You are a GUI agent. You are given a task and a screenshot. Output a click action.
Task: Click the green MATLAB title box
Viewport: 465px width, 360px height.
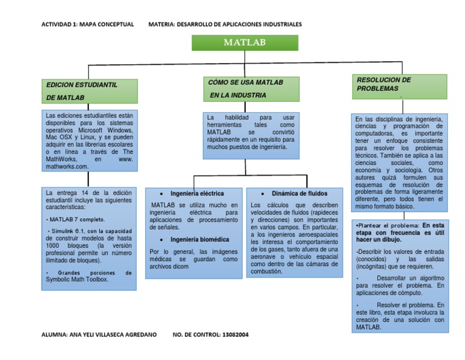click(x=245, y=42)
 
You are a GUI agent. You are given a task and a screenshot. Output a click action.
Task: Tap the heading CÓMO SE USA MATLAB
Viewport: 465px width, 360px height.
click(x=251, y=88)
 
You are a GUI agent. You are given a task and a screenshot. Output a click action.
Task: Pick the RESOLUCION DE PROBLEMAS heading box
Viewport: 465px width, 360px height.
click(x=398, y=84)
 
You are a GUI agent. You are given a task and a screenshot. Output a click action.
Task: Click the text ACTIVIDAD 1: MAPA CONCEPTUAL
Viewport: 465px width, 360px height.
click(x=87, y=24)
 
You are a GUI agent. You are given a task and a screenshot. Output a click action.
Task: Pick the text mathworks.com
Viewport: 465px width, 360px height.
click(x=67, y=165)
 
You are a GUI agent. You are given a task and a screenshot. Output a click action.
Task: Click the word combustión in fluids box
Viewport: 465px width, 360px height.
click(x=266, y=272)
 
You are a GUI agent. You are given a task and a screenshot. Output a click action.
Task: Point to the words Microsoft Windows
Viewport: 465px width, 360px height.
click(x=108, y=130)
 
